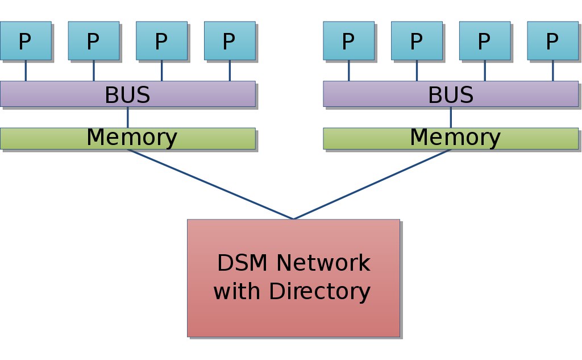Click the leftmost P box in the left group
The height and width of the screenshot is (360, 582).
(x=26, y=40)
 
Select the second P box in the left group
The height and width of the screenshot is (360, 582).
(x=93, y=40)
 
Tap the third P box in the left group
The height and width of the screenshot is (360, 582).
(x=161, y=40)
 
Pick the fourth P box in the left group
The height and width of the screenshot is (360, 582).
(x=229, y=40)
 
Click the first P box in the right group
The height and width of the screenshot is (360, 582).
(x=348, y=40)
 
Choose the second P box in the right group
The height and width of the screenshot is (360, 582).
(x=417, y=40)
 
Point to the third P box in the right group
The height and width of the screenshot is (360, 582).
(x=484, y=40)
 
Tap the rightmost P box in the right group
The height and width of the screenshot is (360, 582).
(x=552, y=40)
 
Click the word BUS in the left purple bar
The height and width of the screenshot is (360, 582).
(x=127, y=95)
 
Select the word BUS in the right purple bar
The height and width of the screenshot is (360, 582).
(x=451, y=95)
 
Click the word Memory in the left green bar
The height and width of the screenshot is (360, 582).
(x=132, y=138)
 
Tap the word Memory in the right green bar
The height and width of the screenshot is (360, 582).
(x=455, y=138)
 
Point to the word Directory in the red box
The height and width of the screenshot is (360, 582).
(x=319, y=292)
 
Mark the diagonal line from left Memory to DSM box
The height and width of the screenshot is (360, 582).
(x=210, y=184)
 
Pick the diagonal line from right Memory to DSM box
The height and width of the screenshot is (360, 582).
(x=372, y=184)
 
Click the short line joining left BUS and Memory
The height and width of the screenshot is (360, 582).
(x=127, y=117)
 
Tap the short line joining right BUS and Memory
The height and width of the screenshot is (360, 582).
(x=451, y=117)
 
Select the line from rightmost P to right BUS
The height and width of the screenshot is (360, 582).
(x=552, y=70)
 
